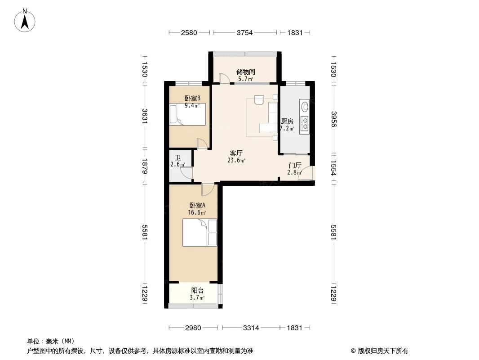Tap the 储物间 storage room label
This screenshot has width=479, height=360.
coord(246,72)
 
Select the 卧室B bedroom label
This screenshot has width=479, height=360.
coord(192,99)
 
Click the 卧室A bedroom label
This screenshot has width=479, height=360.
coord(197,206)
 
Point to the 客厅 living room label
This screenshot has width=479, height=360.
coord(236,153)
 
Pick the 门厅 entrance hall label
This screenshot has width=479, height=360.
coord(295,165)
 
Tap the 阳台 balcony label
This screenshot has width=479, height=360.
coord(197,291)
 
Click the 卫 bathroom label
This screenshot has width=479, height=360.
coord(178,157)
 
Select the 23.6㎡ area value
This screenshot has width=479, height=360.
coord(236,160)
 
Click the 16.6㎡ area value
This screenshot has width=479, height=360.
coord(197,212)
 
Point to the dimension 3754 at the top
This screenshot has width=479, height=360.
coord(245,32)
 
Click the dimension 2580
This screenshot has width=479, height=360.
coord(189,32)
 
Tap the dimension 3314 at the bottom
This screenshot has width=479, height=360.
coord(251,328)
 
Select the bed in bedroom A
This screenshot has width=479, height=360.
coord(200,232)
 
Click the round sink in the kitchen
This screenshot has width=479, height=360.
coord(305,107)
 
